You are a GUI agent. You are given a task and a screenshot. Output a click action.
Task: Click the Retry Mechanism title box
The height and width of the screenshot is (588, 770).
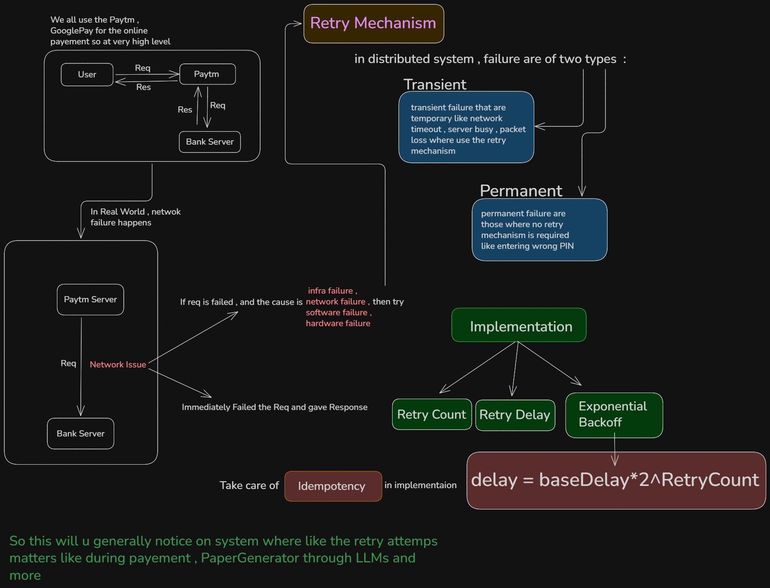(x=373, y=23)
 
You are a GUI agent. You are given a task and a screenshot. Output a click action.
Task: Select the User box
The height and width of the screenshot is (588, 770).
(x=87, y=75)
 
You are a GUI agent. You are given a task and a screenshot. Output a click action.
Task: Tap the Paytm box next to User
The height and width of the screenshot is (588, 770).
(x=207, y=74)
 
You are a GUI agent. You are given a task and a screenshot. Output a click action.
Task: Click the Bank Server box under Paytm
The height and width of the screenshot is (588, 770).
(x=210, y=142)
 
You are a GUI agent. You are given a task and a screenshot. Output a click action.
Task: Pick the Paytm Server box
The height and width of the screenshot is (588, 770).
(x=90, y=300)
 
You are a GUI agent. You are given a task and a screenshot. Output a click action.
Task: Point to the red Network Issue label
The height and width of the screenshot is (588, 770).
(x=118, y=365)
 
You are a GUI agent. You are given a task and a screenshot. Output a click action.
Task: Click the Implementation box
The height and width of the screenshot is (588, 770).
(x=519, y=325)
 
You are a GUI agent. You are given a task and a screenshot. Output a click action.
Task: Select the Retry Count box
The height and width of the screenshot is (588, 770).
(x=432, y=414)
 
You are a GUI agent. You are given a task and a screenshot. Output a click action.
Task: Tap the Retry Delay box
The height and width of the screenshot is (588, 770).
(x=515, y=415)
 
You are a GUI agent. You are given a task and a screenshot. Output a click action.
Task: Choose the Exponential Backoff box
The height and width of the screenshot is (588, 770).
(x=614, y=415)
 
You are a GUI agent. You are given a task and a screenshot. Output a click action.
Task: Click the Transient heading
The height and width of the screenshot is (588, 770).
(x=435, y=84)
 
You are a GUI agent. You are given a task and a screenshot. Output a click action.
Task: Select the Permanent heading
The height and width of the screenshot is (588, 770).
(x=521, y=191)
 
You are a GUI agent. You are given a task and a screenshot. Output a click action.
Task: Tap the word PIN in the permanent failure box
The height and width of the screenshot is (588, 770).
(x=567, y=246)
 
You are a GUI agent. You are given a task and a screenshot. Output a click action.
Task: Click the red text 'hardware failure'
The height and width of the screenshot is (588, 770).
(x=338, y=324)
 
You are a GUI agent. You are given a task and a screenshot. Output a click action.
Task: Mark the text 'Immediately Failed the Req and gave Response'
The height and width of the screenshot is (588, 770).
(x=274, y=407)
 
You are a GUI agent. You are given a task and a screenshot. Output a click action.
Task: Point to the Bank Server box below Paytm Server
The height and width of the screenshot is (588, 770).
(x=81, y=434)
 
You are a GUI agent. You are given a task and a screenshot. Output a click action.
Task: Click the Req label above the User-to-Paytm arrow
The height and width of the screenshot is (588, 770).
(x=142, y=68)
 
